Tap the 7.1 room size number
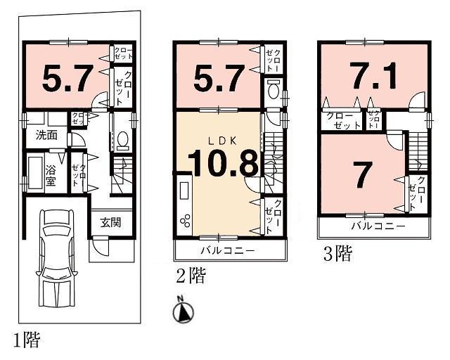[373, 75]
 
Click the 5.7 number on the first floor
[67, 79]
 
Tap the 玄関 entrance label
[110, 223]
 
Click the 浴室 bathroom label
[51, 174]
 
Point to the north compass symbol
[183, 309]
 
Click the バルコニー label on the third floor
[378, 227]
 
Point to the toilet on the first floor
[121, 140]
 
